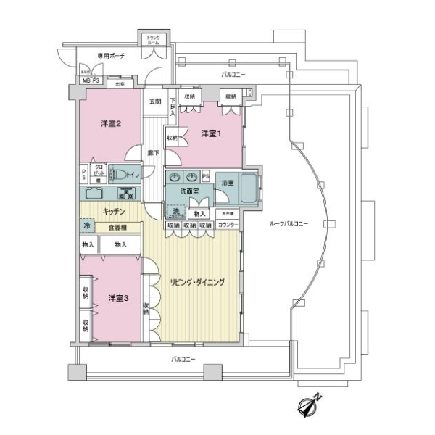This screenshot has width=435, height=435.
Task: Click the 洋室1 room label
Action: [x=210, y=133]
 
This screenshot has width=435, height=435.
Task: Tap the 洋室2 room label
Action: [x=109, y=124]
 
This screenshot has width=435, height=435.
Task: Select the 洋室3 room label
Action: [x=119, y=297]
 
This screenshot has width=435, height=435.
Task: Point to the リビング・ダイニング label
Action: [x=197, y=281]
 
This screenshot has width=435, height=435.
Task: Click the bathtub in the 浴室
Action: [x=248, y=190]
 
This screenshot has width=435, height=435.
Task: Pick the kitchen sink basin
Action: [x=95, y=194]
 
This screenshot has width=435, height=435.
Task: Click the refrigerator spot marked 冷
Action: [x=87, y=226]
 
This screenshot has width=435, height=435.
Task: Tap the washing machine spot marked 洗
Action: [x=175, y=211]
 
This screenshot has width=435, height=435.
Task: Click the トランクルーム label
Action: [x=154, y=41]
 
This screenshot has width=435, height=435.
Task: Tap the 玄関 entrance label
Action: [x=154, y=101]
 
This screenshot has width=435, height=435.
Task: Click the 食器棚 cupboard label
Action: [x=120, y=226]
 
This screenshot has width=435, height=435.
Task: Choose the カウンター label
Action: [x=228, y=225]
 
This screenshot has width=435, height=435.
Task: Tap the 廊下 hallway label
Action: [x=154, y=153]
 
